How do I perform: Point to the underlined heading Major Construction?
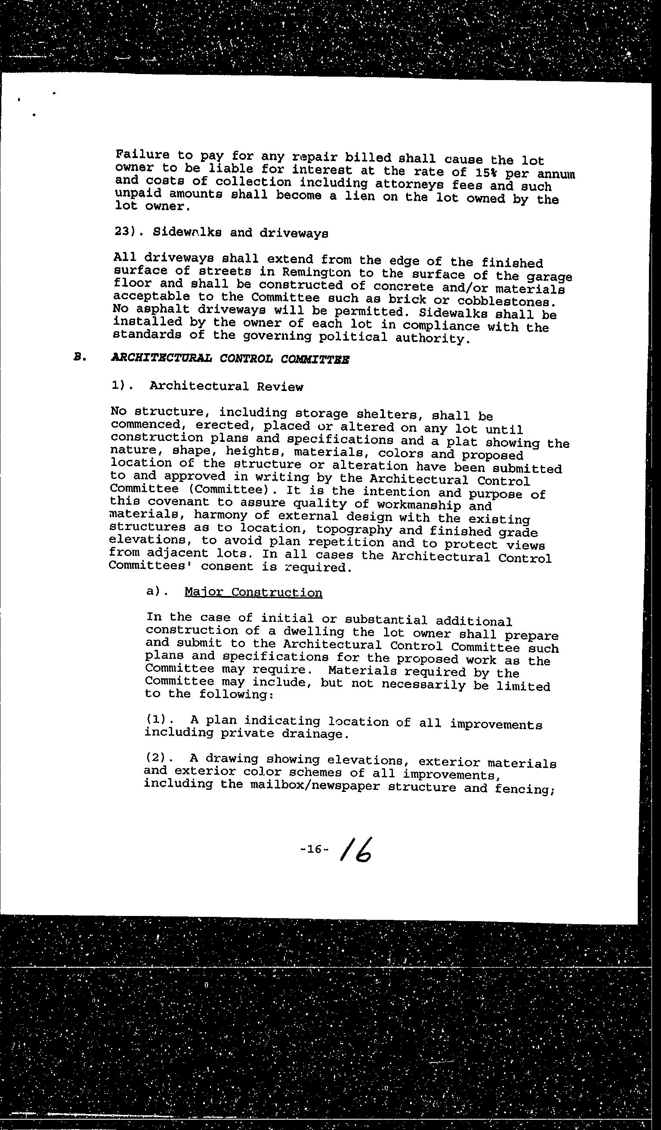(253, 593)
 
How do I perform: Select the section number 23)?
(127, 232)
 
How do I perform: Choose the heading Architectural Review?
(226, 386)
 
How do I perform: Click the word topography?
(355, 530)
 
